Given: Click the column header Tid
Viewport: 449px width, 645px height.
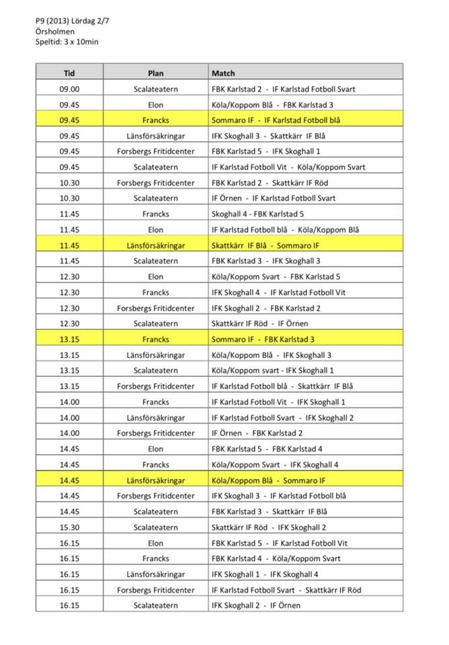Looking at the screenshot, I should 69,73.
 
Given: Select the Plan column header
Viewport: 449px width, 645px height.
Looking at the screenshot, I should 155,73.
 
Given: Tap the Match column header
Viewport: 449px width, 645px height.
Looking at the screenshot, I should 223,73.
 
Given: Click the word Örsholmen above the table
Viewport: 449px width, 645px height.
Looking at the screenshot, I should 55,31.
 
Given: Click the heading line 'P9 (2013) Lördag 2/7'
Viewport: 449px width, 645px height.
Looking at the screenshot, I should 73,21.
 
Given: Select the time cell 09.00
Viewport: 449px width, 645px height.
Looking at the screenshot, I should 69,89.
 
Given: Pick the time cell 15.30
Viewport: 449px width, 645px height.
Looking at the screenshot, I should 69,527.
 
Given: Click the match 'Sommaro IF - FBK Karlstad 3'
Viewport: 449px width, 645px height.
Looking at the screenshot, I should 263,339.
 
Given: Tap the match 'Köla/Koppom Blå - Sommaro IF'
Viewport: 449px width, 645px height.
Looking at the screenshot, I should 268,480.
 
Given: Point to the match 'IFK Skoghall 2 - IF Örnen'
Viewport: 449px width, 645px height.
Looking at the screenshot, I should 256,605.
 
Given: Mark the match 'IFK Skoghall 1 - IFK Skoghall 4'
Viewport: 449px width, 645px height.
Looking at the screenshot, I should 265,574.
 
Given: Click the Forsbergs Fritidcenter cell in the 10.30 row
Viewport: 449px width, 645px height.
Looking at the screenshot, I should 155,183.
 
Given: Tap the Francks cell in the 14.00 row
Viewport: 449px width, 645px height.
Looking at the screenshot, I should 155,402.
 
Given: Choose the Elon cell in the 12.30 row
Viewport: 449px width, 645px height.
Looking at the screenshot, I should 155,277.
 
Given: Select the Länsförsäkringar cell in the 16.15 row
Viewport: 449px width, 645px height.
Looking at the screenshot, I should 155,574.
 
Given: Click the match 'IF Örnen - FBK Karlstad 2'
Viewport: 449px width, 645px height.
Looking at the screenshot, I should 257,433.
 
